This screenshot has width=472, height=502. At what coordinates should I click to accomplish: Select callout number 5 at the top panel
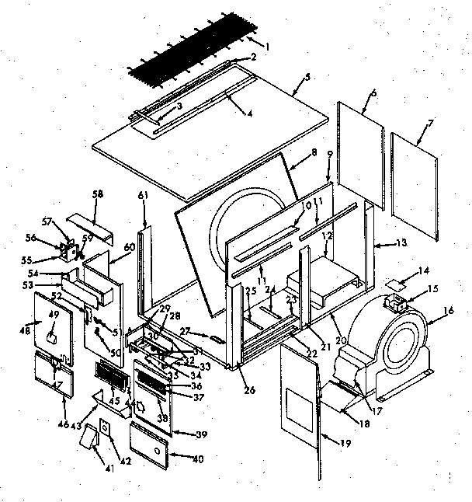[307, 77]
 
